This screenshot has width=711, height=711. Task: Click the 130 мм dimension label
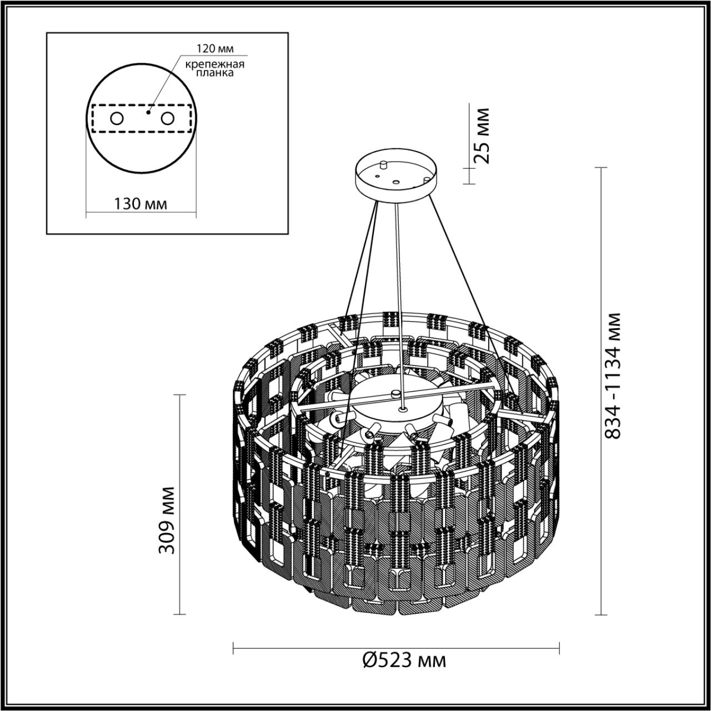tap(141, 204)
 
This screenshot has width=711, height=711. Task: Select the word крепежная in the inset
tap(214, 63)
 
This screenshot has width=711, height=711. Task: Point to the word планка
tap(214, 73)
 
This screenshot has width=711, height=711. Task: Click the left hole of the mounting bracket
tap(117, 118)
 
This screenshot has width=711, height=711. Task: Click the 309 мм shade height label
tap(167, 520)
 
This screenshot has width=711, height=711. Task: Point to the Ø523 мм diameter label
tap(404, 660)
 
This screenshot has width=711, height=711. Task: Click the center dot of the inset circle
tap(147, 112)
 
